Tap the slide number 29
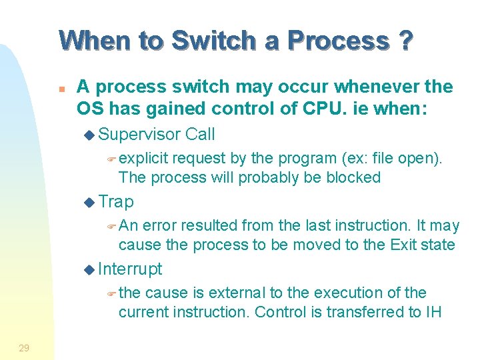coord(24,347)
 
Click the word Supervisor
coord(139,134)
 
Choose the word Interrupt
coord(129,269)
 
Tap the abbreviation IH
coord(433,311)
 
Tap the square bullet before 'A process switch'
coord(61,87)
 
